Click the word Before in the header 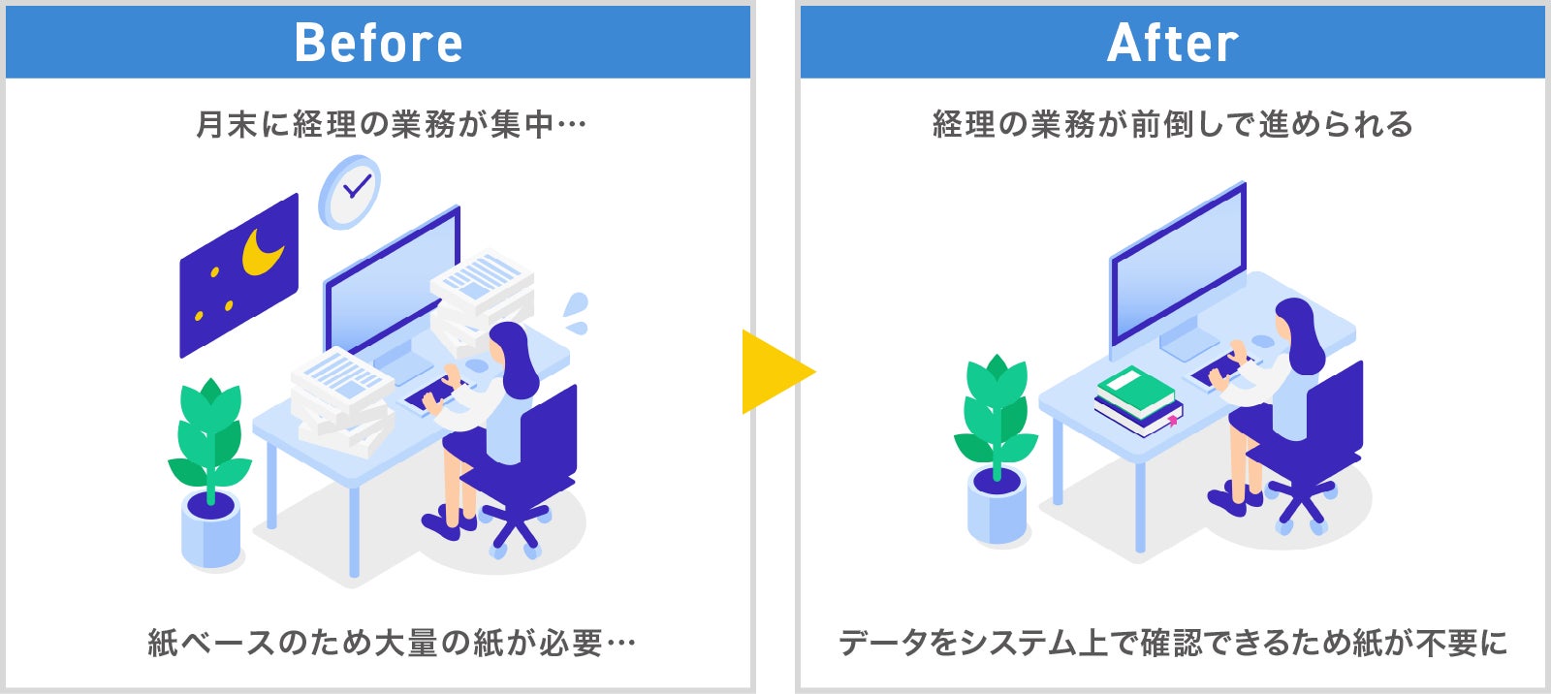[x=378, y=44]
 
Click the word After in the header [x=1172, y=44]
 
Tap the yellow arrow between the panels [x=775, y=371]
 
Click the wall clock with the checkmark [x=350, y=190]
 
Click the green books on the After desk [x=1136, y=392]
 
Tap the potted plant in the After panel [x=997, y=446]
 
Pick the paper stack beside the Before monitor [x=482, y=291]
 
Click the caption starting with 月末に [x=391, y=125]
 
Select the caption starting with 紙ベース [x=391, y=643]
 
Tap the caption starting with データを [x=1172, y=643]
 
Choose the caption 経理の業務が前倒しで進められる [x=1172, y=125]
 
